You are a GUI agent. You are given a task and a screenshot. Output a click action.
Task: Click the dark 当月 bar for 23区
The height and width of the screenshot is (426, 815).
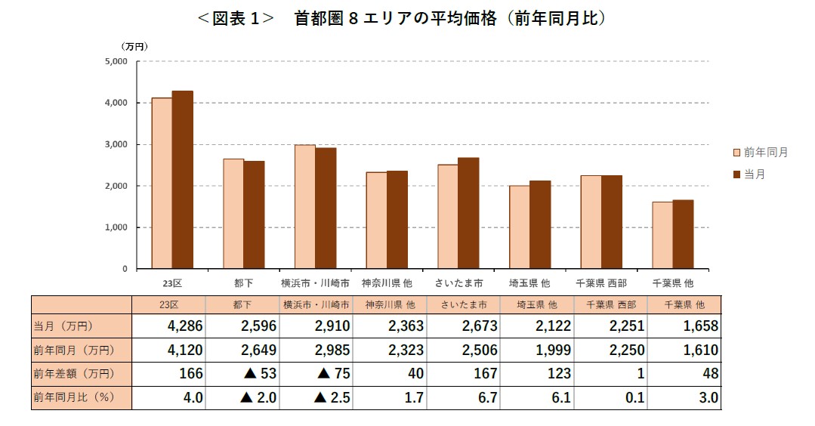[183, 180]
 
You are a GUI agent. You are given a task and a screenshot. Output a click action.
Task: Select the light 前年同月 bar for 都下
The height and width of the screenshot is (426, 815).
[233, 214]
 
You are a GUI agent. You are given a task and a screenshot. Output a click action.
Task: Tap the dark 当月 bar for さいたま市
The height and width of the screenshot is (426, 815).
[468, 213]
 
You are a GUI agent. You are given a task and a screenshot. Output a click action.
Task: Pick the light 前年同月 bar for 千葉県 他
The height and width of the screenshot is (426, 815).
[662, 235]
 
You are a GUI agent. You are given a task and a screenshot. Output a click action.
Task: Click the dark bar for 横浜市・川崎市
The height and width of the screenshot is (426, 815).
[326, 208]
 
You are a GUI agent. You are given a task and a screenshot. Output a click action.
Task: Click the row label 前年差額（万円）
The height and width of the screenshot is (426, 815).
[73, 373]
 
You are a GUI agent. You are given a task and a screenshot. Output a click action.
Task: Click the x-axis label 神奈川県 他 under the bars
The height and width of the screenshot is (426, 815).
[388, 283]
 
